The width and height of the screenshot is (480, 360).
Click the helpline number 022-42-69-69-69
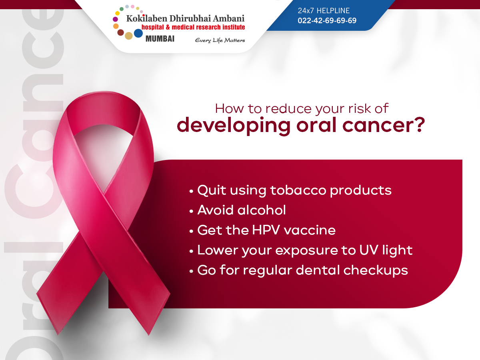[327, 20]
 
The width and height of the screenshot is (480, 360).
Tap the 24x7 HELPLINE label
[324, 10]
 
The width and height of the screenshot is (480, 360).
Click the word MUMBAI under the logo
[160, 39]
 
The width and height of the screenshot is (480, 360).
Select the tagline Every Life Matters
[220, 40]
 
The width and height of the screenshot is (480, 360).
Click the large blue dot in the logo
[138, 33]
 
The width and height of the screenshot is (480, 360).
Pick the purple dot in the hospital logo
[115, 19]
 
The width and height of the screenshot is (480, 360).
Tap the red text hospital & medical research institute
[193, 27]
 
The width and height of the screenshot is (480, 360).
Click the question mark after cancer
[419, 125]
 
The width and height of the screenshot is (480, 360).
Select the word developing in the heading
[234, 126]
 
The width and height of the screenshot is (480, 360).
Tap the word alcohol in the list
[262, 210]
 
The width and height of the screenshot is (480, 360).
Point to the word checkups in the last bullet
[376, 270]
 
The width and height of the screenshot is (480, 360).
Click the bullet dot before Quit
[191, 192]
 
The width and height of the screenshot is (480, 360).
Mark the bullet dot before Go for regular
[191, 271]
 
